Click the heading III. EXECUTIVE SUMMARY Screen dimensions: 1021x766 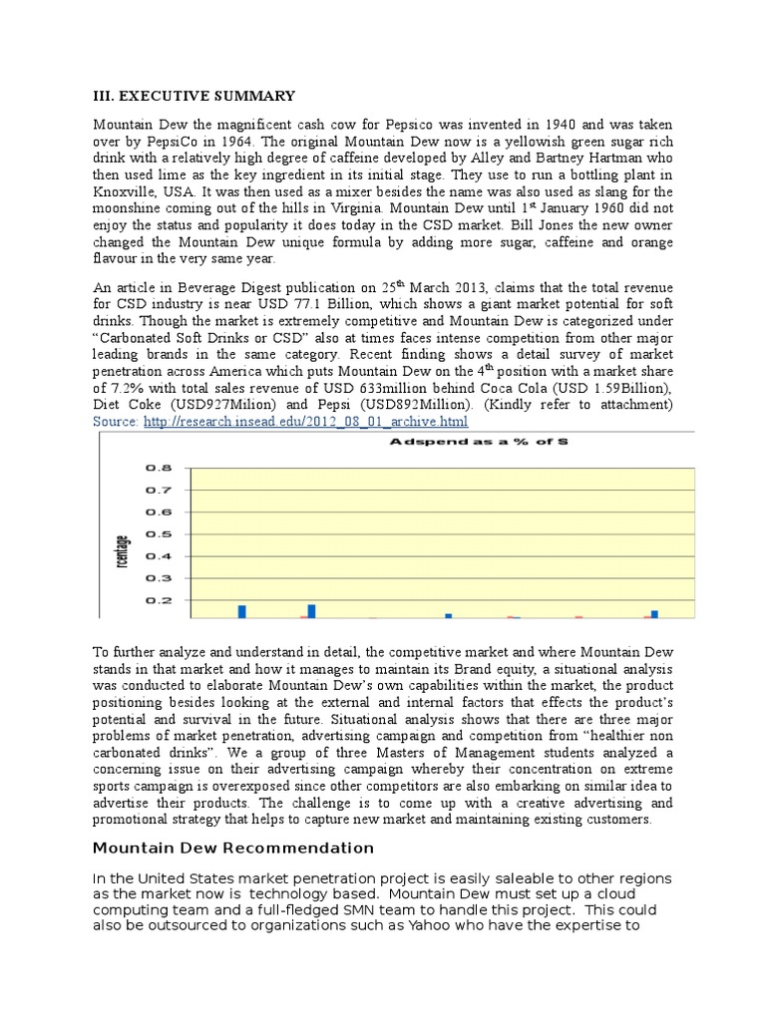(x=193, y=96)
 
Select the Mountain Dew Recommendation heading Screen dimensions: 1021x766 (x=233, y=848)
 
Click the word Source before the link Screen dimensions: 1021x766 (x=116, y=422)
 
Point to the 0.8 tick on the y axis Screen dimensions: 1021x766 (x=160, y=467)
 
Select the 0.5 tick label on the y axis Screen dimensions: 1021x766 (x=160, y=533)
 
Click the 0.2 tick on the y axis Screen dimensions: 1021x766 (x=160, y=600)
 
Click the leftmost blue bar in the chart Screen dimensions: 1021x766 (x=241, y=611)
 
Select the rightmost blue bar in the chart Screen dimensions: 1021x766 (x=654, y=614)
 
